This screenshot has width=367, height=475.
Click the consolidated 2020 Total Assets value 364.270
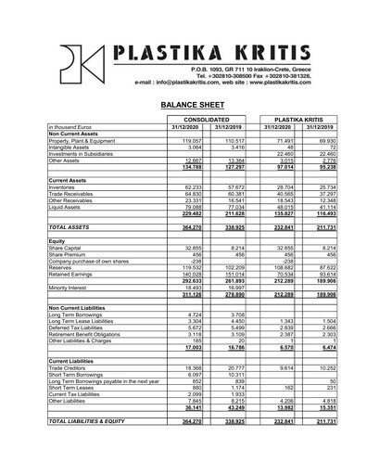[193, 226]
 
